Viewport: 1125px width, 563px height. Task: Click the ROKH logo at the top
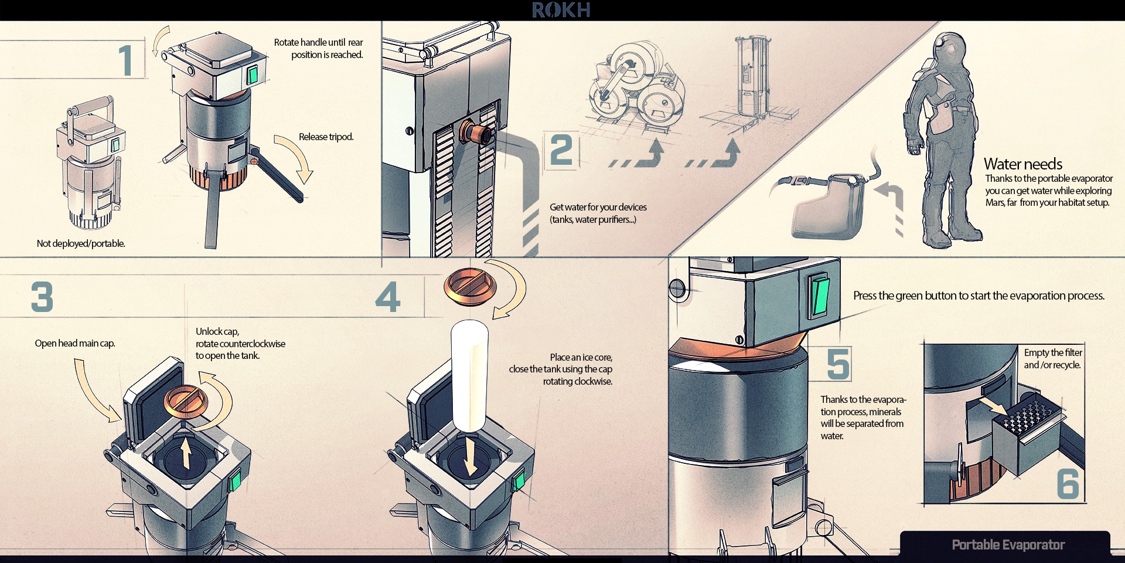click(561, 10)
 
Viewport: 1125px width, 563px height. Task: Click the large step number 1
click(125, 60)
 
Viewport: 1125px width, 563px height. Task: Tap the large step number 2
click(561, 150)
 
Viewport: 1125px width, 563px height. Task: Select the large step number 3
click(42, 297)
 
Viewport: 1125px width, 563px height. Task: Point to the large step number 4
click(388, 297)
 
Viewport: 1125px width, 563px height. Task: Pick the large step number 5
click(838, 364)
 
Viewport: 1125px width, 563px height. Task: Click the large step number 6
click(1068, 484)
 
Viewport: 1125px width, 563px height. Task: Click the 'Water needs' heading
click(1022, 164)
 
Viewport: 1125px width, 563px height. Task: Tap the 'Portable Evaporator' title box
click(1007, 545)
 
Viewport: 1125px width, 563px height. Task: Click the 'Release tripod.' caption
click(326, 137)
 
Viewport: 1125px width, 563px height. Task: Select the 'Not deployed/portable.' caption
click(81, 243)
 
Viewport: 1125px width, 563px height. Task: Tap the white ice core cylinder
click(469, 375)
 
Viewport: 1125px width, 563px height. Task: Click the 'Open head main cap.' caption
click(74, 343)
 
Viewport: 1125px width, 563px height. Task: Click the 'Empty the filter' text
click(1053, 352)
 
